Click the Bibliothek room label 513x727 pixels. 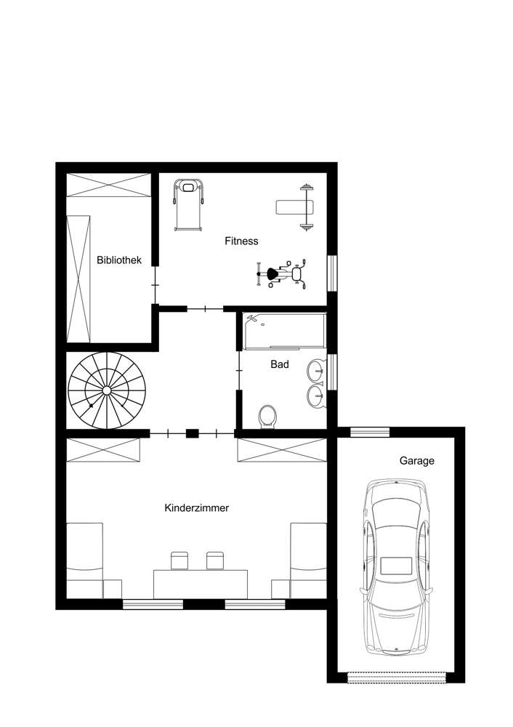click(119, 260)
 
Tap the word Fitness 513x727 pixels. click(241, 241)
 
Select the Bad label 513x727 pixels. click(280, 364)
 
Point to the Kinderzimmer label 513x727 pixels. click(197, 508)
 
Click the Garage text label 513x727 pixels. click(417, 460)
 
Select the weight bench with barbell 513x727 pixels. click(298, 207)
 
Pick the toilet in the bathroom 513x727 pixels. click(268, 417)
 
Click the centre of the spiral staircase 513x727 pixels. click(107, 391)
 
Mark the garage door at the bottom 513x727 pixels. click(396, 678)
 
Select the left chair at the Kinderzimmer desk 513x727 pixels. click(179, 561)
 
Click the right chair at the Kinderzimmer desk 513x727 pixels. click(214, 561)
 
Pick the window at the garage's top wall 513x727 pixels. click(370, 432)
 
